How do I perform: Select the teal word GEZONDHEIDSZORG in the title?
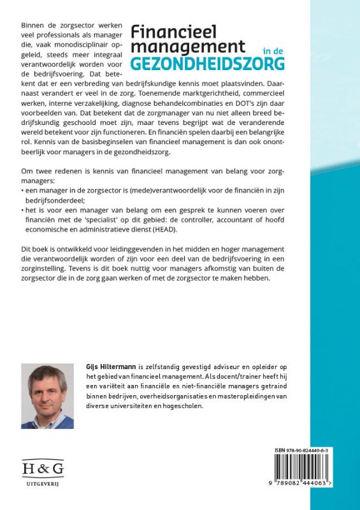[208, 64]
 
